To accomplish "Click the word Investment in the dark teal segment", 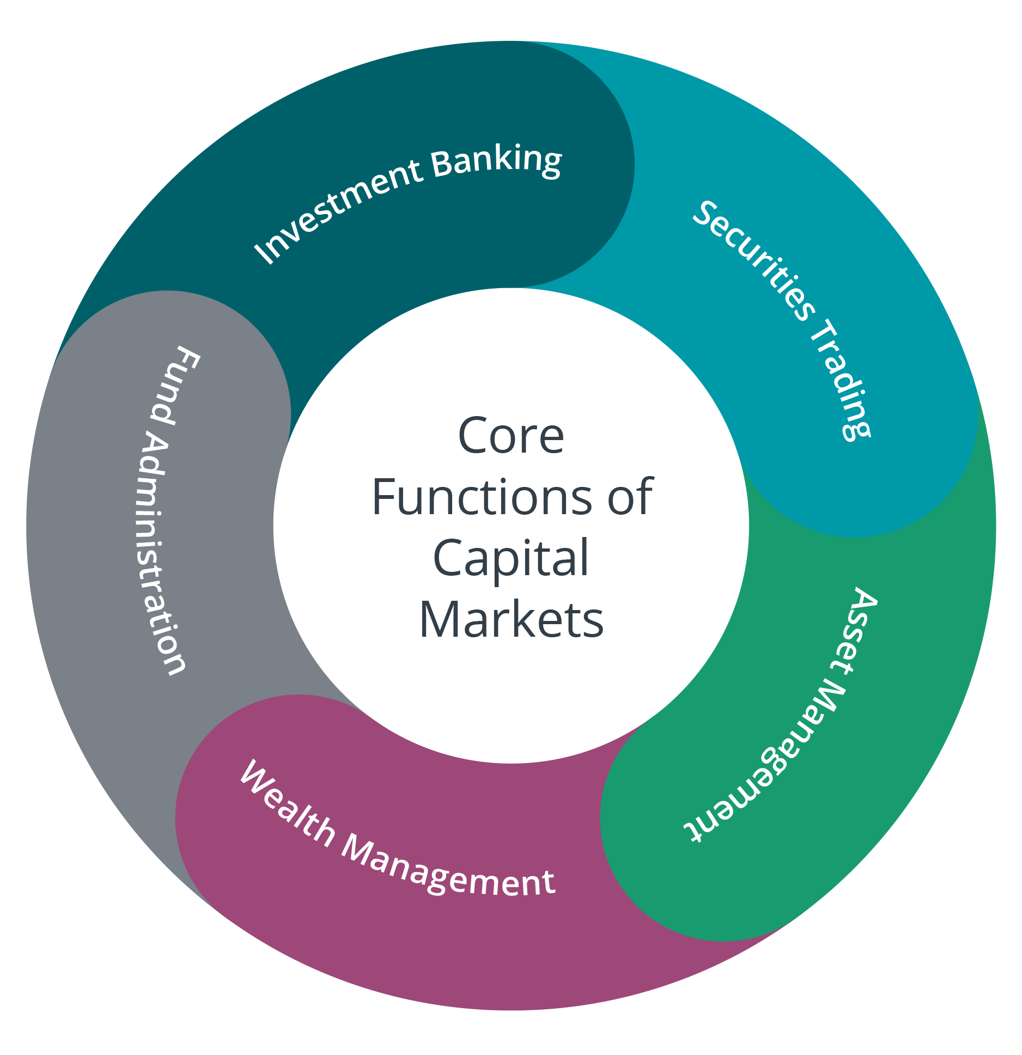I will (338, 210).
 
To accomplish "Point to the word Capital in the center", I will (510, 558).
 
